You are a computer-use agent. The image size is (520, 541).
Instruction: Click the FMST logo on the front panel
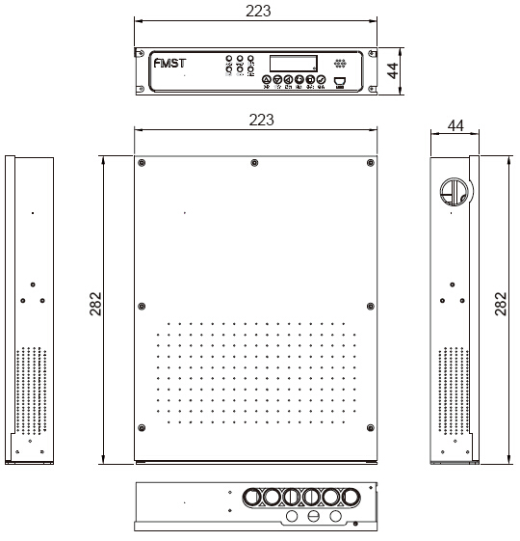(x=170, y=65)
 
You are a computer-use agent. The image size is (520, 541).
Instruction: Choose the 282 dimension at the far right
(x=501, y=306)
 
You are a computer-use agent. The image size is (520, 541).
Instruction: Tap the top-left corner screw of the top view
(x=143, y=162)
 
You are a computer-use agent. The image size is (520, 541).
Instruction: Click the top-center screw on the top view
(x=253, y=162)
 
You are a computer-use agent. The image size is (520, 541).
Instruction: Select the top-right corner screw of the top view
(x=369, y=162)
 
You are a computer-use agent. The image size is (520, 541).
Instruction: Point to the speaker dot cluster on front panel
(x=339, y=63)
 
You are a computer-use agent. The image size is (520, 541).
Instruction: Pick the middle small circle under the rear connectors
(x=313, y=518)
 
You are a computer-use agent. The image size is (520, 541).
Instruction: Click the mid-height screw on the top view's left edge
(x=143, y=307)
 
